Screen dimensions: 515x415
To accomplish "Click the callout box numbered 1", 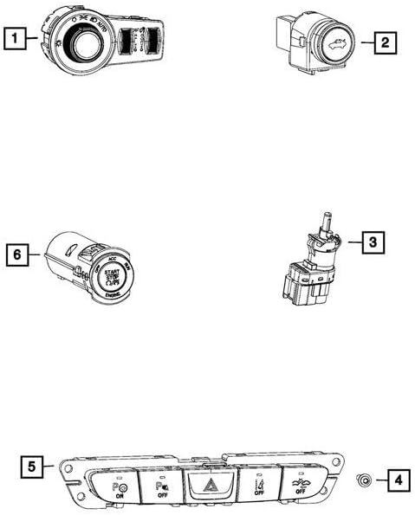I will pos(14,38).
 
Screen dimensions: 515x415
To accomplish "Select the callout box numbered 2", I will pos(386,41).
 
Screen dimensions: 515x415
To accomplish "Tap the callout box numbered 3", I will pos(370,243).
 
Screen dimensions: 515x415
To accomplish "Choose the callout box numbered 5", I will pos(31,467).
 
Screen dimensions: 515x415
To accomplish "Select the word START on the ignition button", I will pos(110,272).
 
